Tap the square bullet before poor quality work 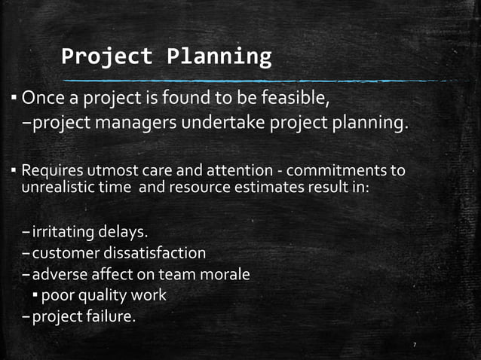pos(35,295)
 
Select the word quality pos(100,295)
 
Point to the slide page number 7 pos(415,345)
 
